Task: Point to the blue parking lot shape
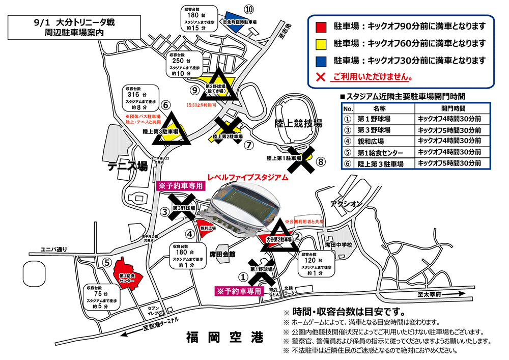pos(234,22)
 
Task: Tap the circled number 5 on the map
pos(107,263)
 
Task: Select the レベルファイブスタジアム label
pos(248,178)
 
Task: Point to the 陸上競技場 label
pos(298,124)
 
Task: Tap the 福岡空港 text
pos(224,337)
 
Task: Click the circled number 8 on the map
pos(320,162)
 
